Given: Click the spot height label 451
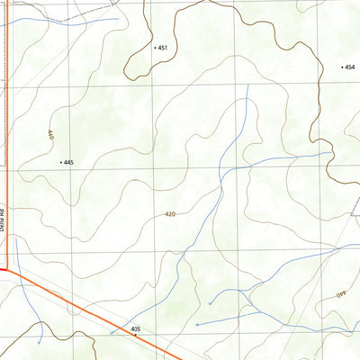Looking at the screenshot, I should pos(163,47).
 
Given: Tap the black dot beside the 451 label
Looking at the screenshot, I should pos(155,47).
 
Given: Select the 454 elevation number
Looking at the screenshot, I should pos(350,67).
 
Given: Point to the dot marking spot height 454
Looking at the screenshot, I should pos(342,67).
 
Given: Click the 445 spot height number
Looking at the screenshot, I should pos(68,162).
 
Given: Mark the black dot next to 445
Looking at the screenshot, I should pos(60,162).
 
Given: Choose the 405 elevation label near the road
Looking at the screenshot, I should pos(135,330).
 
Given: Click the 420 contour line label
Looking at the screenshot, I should pos(170,215).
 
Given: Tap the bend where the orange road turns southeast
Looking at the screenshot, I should pos(8,267).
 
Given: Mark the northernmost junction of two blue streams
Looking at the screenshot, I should pos(222,171).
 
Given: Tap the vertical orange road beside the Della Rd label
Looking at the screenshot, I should pos(8,180).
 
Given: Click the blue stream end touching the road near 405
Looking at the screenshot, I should pos(111,333).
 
